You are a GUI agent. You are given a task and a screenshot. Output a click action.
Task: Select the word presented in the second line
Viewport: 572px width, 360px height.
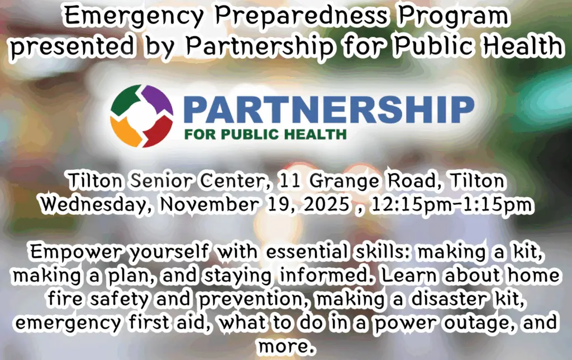72,47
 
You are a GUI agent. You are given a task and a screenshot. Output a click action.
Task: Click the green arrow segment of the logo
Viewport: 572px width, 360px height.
126,99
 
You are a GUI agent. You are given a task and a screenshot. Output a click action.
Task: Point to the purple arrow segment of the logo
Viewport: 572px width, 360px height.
158,98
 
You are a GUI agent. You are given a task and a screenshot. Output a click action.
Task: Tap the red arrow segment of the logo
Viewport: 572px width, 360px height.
158,132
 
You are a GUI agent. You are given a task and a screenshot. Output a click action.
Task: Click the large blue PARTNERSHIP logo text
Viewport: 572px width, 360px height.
328,109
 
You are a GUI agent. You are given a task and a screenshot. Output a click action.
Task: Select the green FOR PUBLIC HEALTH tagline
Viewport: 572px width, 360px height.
265,134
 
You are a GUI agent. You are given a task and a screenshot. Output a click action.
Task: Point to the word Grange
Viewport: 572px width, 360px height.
344,181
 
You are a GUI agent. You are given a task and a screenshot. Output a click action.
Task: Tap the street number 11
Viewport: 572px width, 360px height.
289,181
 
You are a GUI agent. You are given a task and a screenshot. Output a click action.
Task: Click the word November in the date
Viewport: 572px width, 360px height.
209,204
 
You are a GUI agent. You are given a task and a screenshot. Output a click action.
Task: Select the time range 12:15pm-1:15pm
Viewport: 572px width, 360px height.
451,205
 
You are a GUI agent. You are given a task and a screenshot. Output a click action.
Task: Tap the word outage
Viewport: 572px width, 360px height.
479,323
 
